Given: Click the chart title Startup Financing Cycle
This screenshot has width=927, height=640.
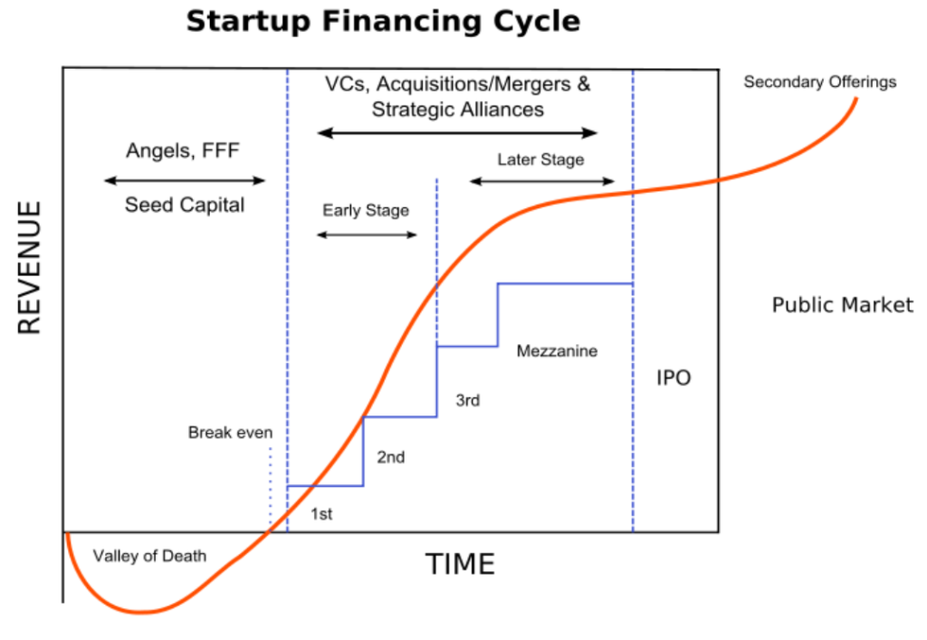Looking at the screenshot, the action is tap(383, 22).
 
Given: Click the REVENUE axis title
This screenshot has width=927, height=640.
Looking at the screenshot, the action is tap(29, 268).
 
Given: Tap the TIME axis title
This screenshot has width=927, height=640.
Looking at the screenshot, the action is tap(460, 564).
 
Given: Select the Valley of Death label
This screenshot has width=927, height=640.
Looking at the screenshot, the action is tap(149, 556).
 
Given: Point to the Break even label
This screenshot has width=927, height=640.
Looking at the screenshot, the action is tap(230, 433).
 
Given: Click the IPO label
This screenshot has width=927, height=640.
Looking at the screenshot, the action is tap(674, 377).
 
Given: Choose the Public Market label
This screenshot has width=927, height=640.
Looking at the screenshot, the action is tap(843, 305).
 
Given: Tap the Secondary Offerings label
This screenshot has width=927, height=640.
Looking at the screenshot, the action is tap(820, 81).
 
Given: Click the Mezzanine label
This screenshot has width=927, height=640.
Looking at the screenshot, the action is tap(557, 351).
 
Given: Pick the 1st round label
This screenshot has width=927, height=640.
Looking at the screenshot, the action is tap(321, 514).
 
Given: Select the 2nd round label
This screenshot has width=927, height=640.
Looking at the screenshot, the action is tap(391, 457).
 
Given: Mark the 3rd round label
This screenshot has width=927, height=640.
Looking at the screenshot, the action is tap(468, 401).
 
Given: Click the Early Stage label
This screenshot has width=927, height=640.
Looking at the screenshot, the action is tap(366, 210).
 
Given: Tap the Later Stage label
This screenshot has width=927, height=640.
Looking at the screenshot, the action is tap(540, 159).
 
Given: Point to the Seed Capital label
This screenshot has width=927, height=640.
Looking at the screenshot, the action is tap(185, 205).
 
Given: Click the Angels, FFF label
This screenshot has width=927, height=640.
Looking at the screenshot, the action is tap(183, 150).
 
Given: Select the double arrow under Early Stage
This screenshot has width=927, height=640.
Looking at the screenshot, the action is tap(368, 234).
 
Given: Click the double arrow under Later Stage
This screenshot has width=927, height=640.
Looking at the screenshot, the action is tap(542, 181).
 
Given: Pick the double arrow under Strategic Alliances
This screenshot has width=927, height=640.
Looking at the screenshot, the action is tap(457, 133).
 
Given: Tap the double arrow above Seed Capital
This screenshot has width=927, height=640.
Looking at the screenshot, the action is tap(185, 180).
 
